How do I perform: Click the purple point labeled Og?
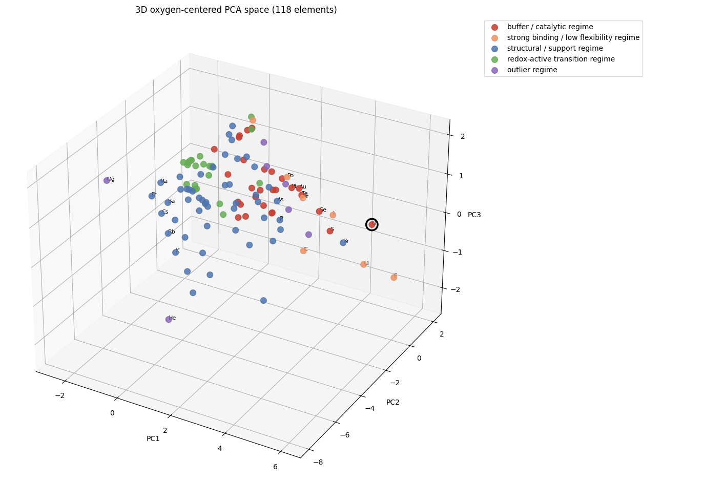(107, 180)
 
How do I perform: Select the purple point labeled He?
(169, 320)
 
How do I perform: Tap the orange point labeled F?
(394, 278)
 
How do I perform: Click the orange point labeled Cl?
(363, 264)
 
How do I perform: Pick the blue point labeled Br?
(343, 243)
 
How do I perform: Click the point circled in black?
(372, 224)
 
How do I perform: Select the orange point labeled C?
(303, 250)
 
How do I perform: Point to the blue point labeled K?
(175, 253)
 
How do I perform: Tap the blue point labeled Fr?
(152, 196)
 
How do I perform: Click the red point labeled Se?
(319, 211)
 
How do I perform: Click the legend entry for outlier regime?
(532, 70)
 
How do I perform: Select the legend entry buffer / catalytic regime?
(550, 27)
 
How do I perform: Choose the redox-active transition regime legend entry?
(561, 59)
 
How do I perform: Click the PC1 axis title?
(153, 438)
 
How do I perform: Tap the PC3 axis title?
(474, 215)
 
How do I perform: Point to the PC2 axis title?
(392, 402)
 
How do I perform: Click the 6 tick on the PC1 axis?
(275, 467)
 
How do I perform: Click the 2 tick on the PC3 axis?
(462, 136)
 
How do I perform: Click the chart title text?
(236, 10)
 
